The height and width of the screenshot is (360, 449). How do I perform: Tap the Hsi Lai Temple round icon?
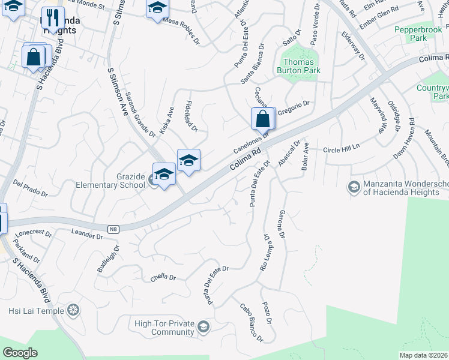[x=73, y=310]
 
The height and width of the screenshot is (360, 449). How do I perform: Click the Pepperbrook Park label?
[x=419, y=34]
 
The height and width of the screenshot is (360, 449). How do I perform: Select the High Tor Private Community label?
[x=164, y=328]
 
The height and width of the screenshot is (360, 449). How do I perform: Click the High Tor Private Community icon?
[x=203, y=326]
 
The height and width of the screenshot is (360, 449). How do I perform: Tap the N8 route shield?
[x=113, y=229]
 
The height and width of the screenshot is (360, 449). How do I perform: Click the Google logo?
[x=20, y=353]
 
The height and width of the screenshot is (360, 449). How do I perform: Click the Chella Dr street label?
[x=163, y=277]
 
